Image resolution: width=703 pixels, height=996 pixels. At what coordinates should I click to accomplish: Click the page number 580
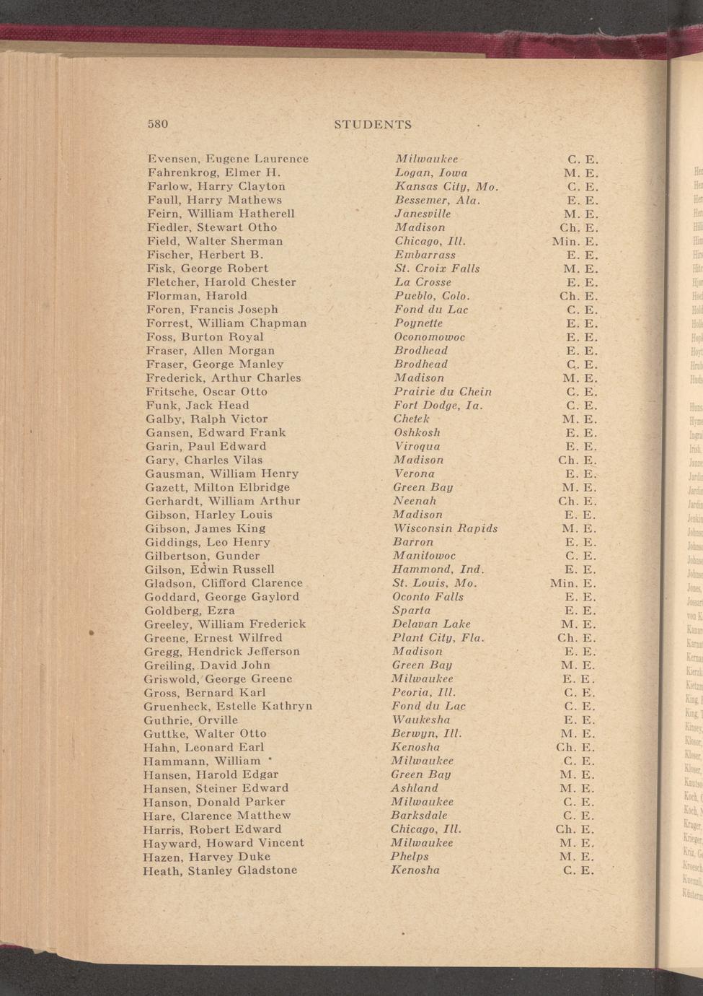point(158,124)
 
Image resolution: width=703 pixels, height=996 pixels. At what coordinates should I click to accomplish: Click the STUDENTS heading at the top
point(373,124)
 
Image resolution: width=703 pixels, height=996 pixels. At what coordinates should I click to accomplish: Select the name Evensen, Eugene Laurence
point(228,159)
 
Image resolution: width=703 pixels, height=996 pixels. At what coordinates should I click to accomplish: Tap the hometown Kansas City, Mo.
point(446,186)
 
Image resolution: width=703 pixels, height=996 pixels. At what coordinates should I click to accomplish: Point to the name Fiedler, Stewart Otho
point(212,227)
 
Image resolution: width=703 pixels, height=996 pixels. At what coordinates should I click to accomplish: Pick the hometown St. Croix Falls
point(437,268)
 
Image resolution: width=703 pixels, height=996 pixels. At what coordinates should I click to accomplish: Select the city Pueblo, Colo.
point(432,296)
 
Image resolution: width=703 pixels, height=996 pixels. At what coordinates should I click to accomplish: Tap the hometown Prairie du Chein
point(443,392)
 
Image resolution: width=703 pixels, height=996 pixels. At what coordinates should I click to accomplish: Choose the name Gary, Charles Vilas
point(204,460)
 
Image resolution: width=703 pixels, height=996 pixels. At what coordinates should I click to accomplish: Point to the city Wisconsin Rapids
point(445,529)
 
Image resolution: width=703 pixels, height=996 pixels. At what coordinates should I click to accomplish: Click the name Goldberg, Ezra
point(190,611)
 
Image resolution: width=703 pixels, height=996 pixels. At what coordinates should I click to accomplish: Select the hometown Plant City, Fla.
point(438,638)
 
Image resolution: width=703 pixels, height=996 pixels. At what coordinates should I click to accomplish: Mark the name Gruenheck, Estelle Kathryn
point(228,707)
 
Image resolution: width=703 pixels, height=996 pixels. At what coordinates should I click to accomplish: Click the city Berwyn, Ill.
point(426,734)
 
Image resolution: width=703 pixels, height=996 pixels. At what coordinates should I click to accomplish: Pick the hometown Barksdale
point(419,816)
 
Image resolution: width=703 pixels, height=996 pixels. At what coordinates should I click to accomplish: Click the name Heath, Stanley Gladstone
point(220,870)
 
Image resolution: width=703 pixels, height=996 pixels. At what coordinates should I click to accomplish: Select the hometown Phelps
point(410,857)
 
